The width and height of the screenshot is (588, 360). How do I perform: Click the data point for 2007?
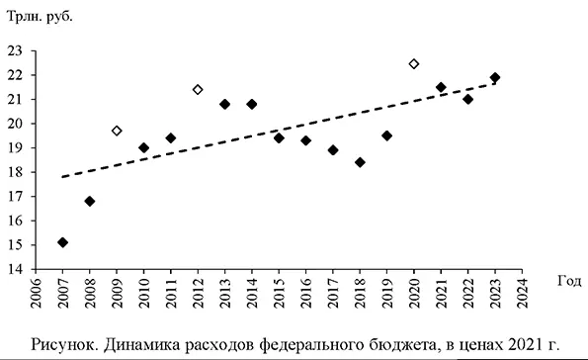coord(62,242)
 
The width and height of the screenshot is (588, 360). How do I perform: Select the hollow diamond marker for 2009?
coord(117,131)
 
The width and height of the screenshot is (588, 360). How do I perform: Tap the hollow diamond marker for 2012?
coord(198,89)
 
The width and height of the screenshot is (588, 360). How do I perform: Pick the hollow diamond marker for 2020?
coord(414,63)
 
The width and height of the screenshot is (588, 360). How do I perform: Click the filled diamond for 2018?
coord(360,162)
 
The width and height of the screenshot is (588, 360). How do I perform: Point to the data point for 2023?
coord(495,77)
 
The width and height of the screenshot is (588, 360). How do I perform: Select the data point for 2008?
coord(89,201)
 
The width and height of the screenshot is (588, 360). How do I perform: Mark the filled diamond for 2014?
coord(252,104)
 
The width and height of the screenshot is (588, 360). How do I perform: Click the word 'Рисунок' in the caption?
coord(67,344)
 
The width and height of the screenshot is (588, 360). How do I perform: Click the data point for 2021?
coord(441,87)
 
